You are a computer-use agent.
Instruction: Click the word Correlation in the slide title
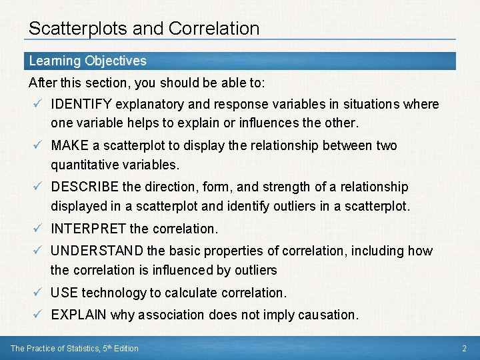(x=214, y=29)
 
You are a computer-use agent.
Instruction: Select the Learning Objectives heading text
(x=87, y=61)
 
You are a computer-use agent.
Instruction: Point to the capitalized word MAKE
(x=70, y=145)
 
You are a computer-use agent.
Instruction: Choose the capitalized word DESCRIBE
(x=84, y=187)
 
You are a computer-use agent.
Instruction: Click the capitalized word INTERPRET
(x=89, y=229)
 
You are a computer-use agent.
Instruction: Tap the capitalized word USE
(x=65, y=293)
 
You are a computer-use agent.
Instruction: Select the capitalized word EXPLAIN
(x=79, y=315)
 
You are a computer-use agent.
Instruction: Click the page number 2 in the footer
(x=464, y=348)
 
